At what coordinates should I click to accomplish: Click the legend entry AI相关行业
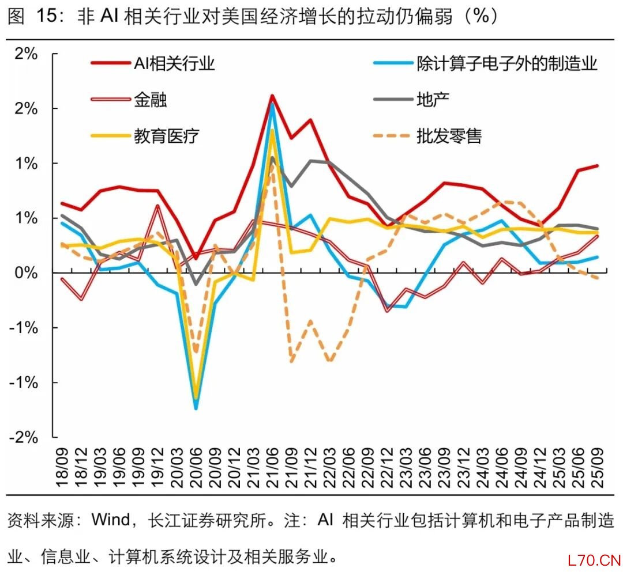[174, 63]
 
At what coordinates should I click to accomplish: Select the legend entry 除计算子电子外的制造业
[506, 63]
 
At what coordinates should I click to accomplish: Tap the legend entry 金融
[151, 100]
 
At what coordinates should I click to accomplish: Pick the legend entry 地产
[432, 99]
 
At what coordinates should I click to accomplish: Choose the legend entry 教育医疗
[167, 136]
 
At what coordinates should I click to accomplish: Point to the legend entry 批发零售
[448, 136]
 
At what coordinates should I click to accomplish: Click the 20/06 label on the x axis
[196, 467]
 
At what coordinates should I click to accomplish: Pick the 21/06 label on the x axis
[272, 467]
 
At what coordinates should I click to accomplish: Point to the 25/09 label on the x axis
[596, 467]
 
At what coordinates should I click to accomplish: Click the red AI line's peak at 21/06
[272, 96]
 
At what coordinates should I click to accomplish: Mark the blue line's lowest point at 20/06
[196, 408]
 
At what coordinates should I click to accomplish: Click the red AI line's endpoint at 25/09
[596, 165]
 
